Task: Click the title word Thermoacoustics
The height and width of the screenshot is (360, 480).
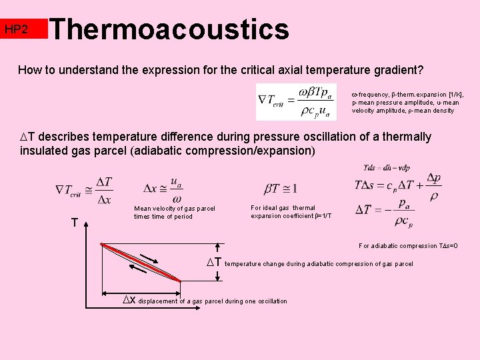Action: point(169,29)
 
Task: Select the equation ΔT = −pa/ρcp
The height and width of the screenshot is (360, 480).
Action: point(391,211)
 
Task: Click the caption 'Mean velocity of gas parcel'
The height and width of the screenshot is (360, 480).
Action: point(175,209)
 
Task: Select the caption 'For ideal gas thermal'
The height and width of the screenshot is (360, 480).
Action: point(283,208)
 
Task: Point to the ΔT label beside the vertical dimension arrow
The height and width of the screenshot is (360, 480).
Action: point(213,263)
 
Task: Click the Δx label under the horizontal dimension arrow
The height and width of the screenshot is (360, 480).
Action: point(130,300)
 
